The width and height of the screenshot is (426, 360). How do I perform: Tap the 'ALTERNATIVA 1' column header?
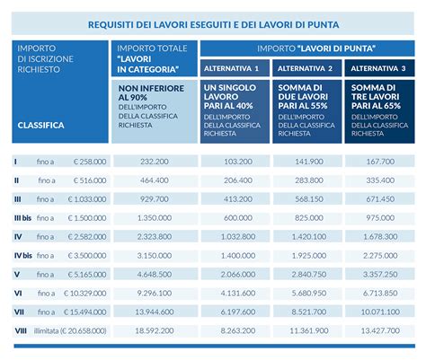pos(235,68)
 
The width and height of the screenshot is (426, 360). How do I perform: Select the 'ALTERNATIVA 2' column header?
pos(306,68)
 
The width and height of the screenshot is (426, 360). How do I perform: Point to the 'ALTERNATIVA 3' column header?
pos(377,68)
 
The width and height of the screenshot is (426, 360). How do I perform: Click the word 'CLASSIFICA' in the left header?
pos(40,126)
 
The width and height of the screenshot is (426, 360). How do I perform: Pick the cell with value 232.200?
pos(155,161)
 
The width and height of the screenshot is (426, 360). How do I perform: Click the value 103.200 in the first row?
pos(236,161)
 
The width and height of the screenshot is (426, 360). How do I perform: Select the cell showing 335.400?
pos(377,180)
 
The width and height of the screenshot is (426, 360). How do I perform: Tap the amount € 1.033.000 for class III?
pos(85,199)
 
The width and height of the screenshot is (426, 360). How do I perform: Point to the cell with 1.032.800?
pos(236,237)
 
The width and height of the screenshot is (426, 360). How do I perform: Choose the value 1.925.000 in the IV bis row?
pos(307,256)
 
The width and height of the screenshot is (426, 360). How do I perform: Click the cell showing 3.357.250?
pos(377,274)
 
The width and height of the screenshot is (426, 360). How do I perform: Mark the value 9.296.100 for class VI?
pos(155,293)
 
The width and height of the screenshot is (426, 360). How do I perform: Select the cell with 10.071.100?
pos(377,312)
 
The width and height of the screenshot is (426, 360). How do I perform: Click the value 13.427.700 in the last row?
pos(377,330)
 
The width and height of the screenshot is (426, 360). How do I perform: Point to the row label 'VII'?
pos(19,312)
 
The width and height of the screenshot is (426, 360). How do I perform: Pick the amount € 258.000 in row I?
pos(86,162)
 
